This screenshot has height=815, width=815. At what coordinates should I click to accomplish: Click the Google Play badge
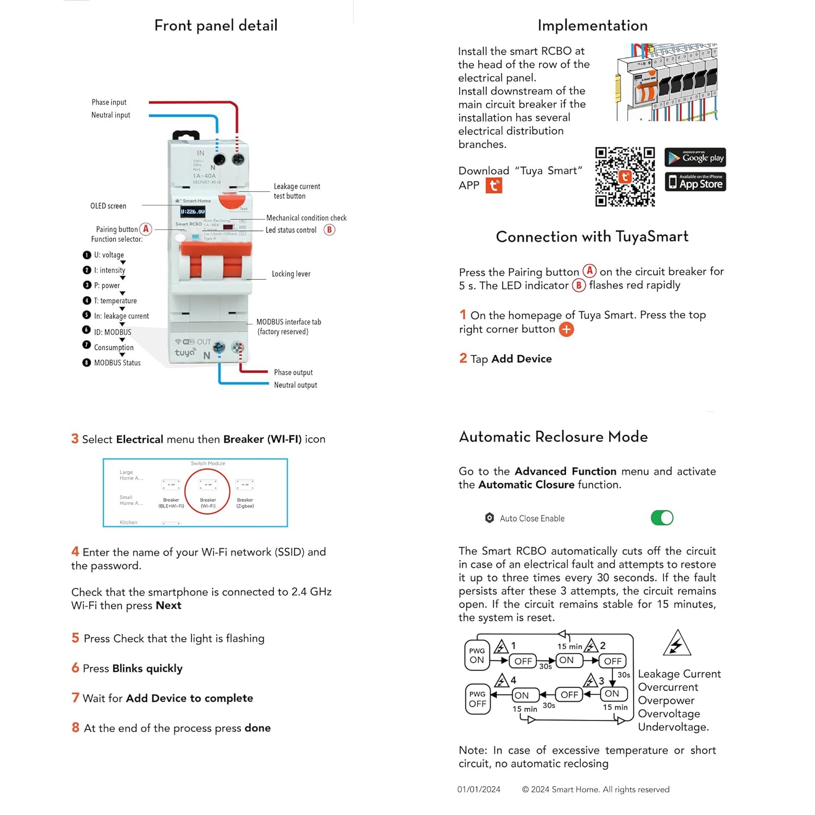point(695,158)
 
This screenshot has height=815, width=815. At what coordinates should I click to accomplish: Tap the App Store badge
point(695,182)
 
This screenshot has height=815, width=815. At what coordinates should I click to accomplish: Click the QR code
point(625,177)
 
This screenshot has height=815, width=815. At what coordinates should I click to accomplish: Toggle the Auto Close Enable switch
point(662,518)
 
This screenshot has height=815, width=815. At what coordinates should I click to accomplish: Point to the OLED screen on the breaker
point(192,211)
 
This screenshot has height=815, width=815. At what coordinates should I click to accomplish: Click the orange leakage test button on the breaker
point(232,200)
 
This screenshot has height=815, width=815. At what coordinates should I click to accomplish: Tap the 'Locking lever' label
point(291,274)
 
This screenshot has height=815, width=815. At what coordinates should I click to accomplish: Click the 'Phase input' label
point(109,102)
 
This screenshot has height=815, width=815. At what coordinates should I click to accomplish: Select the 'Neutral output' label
point(295,385)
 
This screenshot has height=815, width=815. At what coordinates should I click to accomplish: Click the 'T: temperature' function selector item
point(115,301)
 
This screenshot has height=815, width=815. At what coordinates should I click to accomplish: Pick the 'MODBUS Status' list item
point(117,363)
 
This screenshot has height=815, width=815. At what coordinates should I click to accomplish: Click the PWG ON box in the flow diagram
point(477,655)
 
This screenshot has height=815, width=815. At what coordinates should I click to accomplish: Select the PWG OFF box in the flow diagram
point(477,699)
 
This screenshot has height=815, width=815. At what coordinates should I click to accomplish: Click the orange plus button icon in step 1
point(566,329)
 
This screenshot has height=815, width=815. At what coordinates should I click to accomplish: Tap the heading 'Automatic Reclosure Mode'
point(553,437)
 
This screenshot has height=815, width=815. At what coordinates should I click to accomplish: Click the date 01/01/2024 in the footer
point(479,789)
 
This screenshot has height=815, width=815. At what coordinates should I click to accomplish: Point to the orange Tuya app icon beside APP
point(493,186)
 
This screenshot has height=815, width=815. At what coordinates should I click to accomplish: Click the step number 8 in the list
point(76,728)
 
